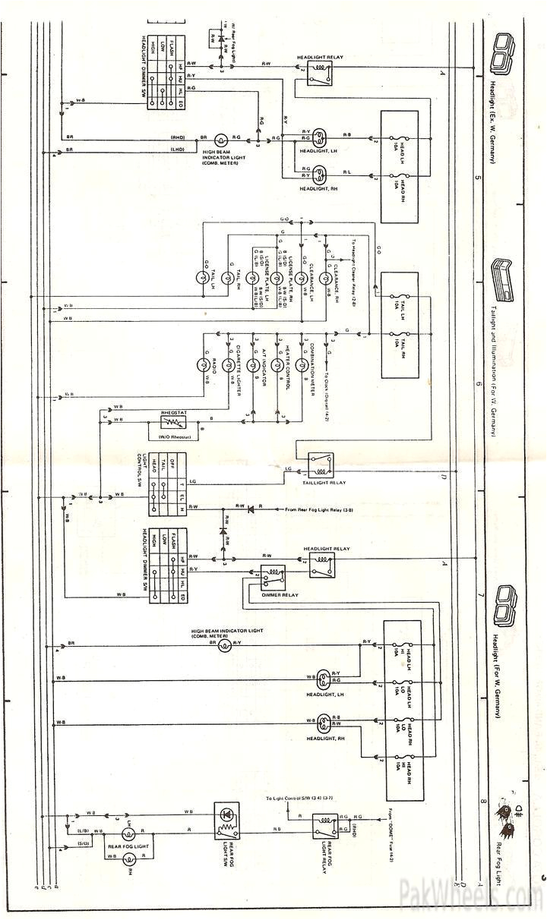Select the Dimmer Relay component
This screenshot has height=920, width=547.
point(273,577)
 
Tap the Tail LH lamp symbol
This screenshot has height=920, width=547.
point(204,279)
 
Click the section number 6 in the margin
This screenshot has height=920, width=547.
point(479,385)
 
